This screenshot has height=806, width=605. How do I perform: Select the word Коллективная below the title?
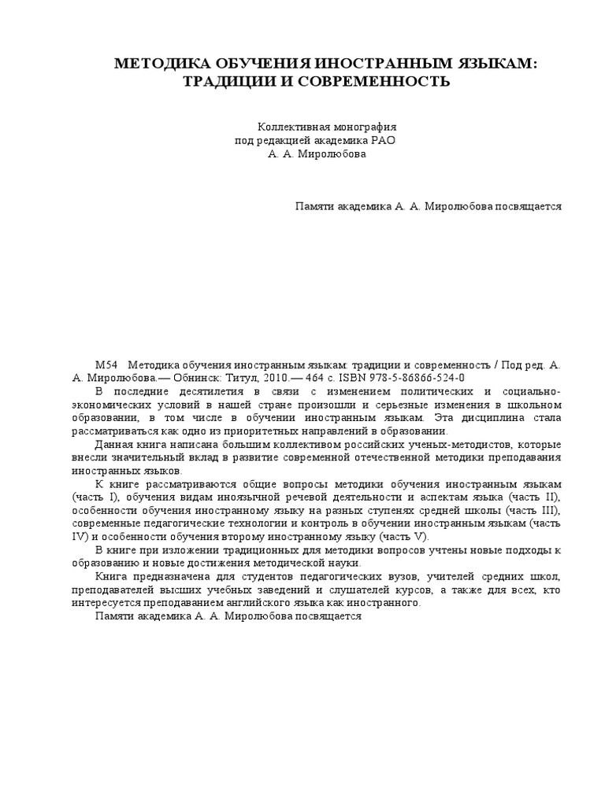pyautogui.click(x=292, y=127)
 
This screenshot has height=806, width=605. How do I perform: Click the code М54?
pyautogui.click(x=106, y=365)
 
